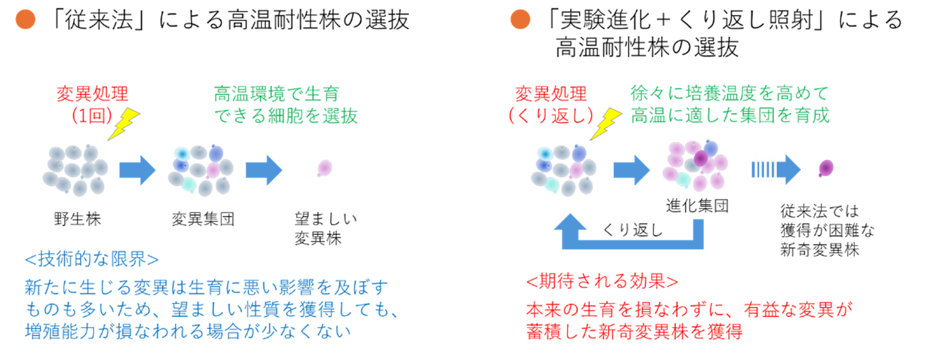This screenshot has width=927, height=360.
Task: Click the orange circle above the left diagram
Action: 25,20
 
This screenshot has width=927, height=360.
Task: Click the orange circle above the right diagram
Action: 520,20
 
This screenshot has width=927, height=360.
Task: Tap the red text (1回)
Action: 91,115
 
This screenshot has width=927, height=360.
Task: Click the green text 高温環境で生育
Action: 276,93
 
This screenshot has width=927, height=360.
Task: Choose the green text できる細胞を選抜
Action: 286,116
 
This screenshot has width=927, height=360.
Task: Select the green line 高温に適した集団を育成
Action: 730,115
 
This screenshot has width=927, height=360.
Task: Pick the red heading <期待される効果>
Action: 602,281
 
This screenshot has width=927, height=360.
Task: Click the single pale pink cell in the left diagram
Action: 325,167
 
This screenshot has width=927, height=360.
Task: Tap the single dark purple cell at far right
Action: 826,167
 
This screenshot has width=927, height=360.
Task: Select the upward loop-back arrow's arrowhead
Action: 570,221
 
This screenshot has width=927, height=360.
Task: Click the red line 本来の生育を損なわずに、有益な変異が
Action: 689,310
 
